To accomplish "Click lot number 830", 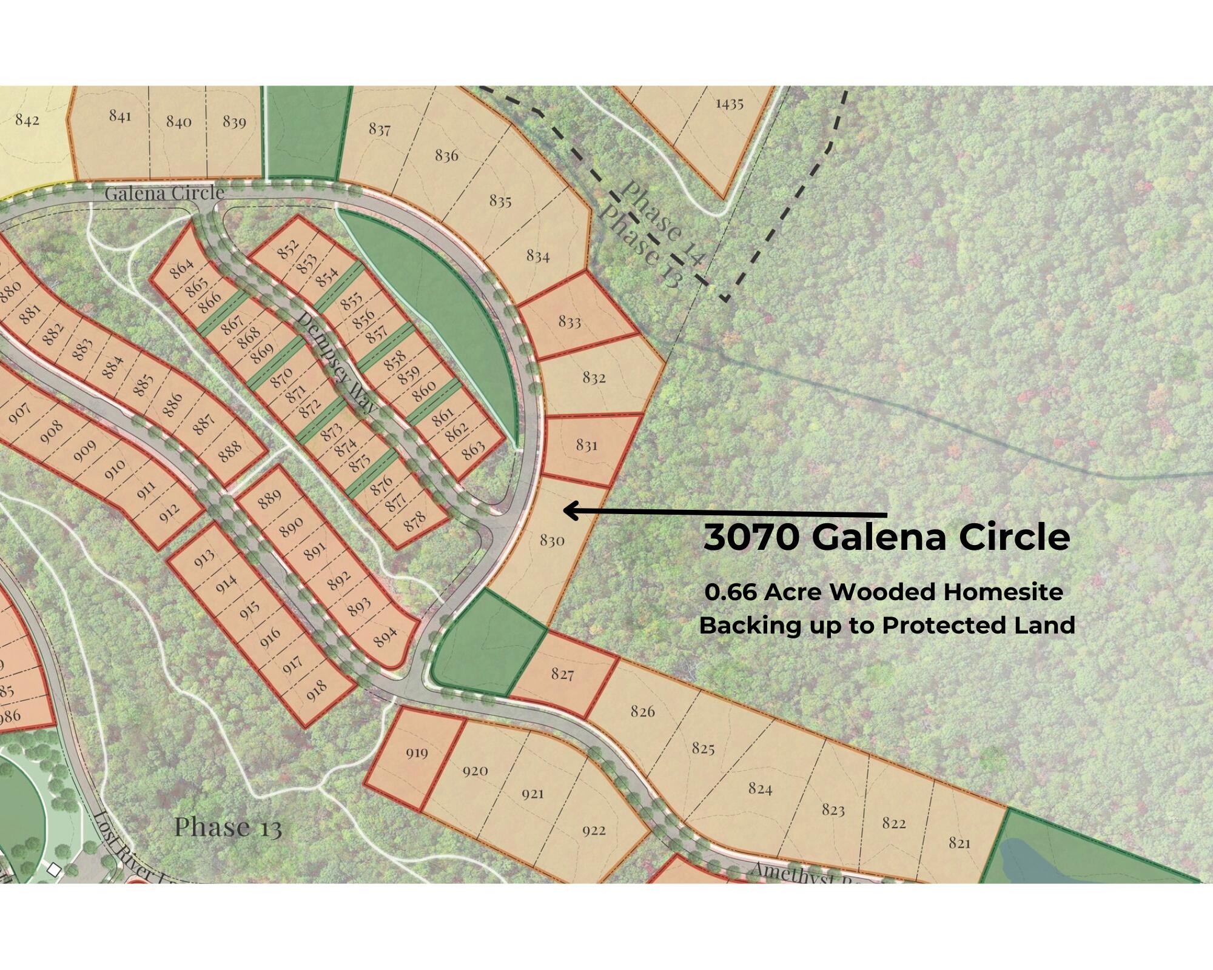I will [x=552, y=540].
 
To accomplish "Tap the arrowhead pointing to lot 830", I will [x=569, y=511].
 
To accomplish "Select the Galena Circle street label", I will [x=164, y=193].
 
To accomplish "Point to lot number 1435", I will [x=729, y=103].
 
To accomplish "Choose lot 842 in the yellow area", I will [x=27, y=119].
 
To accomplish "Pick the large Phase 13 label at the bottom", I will [x=228, y=827].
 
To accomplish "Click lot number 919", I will [x=417, y=753].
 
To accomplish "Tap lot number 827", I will [x=562, y=674].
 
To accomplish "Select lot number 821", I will [x=959, y=843].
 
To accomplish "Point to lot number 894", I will [x=385, y=636].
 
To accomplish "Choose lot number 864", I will [x=182, y=267].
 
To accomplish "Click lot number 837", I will [x=380, y=129].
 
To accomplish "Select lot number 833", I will [x=570, y=321].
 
